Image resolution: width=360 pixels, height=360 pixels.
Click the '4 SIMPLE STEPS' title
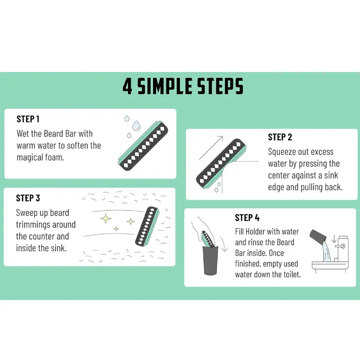(x=183, y=86)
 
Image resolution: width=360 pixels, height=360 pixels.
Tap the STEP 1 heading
(x=28, y=119)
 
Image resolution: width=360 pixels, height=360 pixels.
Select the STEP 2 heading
(x=280, y=137)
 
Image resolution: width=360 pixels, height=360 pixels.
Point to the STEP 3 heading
(x=28, y=198)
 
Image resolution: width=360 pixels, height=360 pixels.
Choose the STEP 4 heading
(x=247, y=218)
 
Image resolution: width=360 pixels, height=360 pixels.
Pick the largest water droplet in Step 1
(x=136, y=126)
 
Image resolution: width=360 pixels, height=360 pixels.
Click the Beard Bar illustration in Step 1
(x=143, y=145)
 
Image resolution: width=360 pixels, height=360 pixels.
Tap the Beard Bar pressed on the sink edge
(x=221, y=164)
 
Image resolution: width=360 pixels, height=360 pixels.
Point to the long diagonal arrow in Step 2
(x=211, y=148)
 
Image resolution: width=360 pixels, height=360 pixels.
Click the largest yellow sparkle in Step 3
(x=106, y=218)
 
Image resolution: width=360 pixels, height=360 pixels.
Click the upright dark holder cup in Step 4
(x=210, y=260)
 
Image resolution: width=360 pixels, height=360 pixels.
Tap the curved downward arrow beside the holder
(x=224, y=244)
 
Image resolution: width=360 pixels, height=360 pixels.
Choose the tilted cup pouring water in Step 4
(x=318, y=238)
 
